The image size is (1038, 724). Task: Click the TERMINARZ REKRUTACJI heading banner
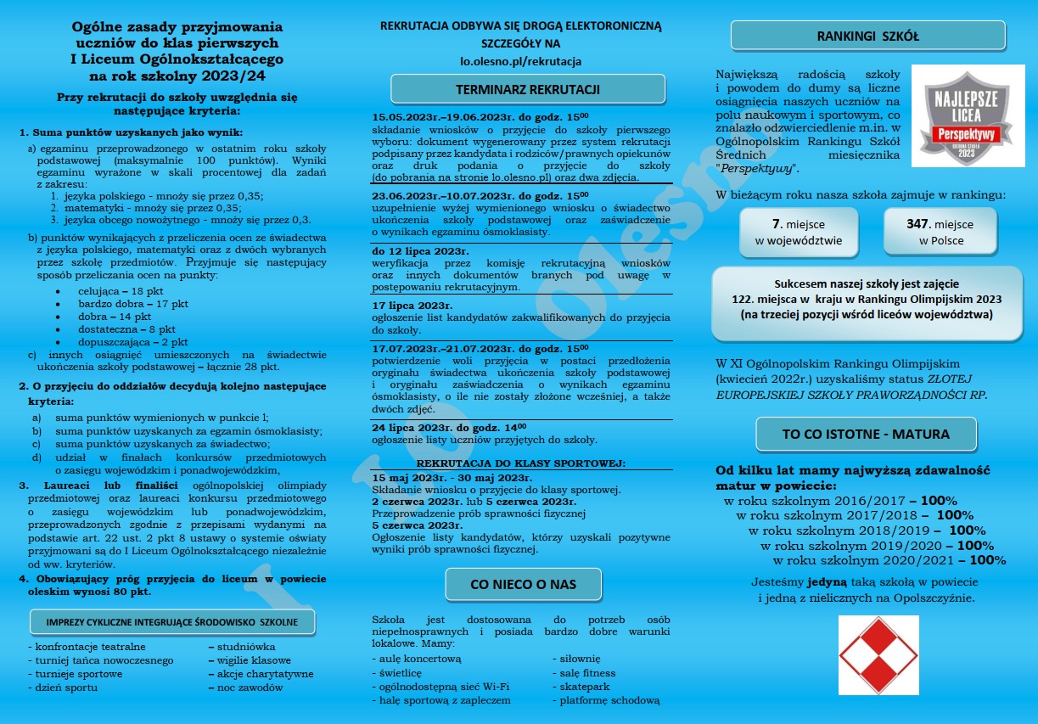click(x=527, y=89)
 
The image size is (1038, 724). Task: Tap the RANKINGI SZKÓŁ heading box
click(x=867, y=36)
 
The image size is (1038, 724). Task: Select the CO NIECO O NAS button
click(x=523, y=584)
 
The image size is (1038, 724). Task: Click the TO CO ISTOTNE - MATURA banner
click(x=866, y=434)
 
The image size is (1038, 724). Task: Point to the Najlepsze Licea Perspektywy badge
click(x=968, y=116)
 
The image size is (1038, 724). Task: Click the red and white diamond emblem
click(x=878, y=654)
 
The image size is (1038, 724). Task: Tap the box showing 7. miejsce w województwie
click(x=799, y=232)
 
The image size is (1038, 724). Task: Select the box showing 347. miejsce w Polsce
click(x=940, y=232)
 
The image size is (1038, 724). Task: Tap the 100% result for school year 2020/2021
click(x=988, y=560)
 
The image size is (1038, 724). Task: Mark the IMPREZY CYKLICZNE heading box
click(x=172, y=622)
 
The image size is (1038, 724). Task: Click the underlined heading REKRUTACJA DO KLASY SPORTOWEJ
click(x=520, y=463)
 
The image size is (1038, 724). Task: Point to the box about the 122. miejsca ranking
click(x=867, y=300)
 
